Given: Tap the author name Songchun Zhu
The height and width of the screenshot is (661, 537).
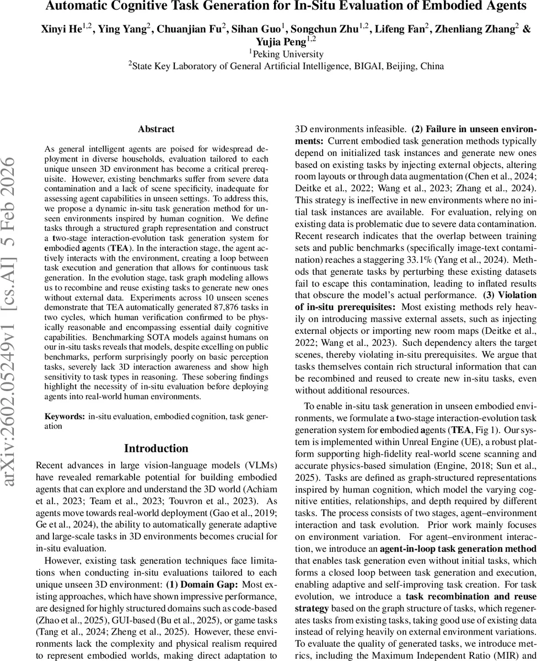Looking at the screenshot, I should pos(334,29).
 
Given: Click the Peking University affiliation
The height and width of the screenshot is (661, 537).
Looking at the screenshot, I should pos(287,54).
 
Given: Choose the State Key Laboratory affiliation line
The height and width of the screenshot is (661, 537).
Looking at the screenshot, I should pos(287,67).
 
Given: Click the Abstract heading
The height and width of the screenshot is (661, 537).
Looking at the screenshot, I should pos(156,129).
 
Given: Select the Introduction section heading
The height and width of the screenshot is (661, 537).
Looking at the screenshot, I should pos(156,448).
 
